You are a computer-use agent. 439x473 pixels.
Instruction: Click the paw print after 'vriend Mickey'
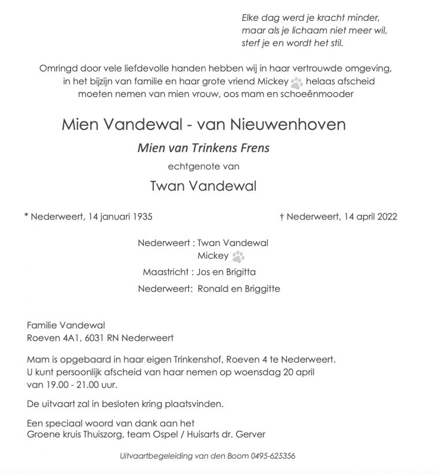pos(297,82)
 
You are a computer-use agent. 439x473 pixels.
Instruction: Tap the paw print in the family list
pos(238,256)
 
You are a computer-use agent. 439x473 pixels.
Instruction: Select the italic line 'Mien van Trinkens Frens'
pos(203,148)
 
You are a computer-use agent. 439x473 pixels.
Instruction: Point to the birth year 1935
pos(142,217)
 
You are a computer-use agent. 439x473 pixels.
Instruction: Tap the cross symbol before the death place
pos(281,217)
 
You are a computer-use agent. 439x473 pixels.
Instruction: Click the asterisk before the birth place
pos(26,217)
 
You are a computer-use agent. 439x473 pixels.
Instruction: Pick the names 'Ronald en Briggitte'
pos(239,289)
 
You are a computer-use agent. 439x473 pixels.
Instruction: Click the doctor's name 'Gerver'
pos(252,434)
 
